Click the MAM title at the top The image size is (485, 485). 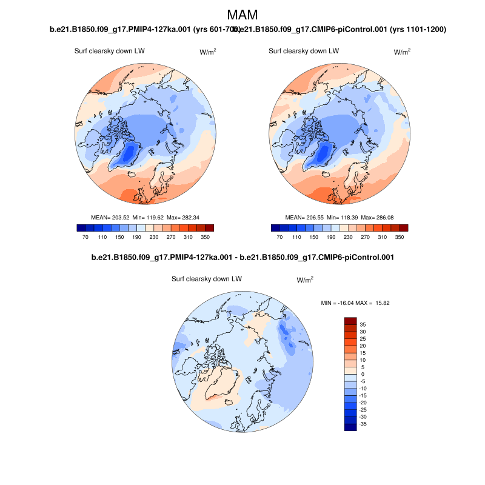[x=242, y=15]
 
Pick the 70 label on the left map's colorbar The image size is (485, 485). [x=86, y=237]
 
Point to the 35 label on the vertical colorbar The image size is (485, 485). [x=363, y=324]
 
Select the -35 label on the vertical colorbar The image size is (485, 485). [x=363, y=424]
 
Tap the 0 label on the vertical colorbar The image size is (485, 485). [x=363, y=375]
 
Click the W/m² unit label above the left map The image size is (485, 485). [x=208, y=52]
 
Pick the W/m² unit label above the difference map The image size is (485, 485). [x=305, y=279]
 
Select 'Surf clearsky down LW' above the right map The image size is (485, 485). [x=304, y=52]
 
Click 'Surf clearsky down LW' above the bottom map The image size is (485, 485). [x=207, y=279]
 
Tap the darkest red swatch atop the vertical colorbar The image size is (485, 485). [x=350, y=321]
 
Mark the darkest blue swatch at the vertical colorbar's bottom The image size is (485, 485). [x=350, y=427]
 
